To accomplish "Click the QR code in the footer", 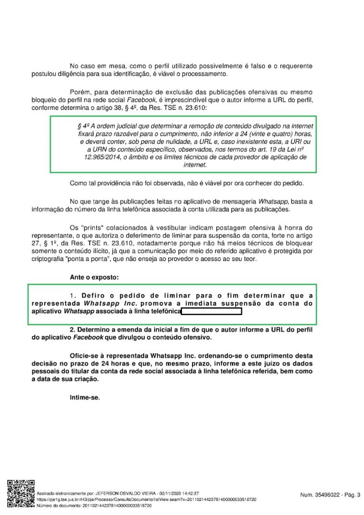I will point(21,494).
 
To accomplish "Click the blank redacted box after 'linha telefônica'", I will point(211,312).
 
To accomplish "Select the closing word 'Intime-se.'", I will point(84,397).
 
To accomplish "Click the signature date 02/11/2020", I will point(170,494).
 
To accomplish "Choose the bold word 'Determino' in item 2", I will point(96,329).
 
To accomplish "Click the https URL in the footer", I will point(146,500).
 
